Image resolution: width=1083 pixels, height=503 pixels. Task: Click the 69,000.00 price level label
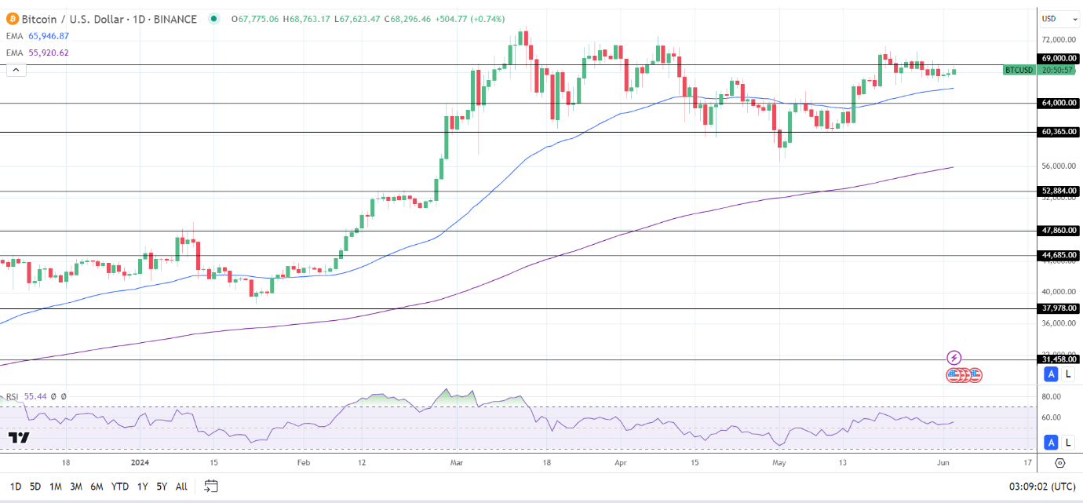tap(1058, 58)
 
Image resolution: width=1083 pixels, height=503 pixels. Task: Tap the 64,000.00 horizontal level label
tap(1058, 103)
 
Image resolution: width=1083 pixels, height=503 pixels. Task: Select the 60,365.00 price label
tap(1058, 132)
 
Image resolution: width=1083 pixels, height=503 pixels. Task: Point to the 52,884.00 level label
tap(1058, 191)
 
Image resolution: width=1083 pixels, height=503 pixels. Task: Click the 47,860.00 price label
tap(1058, 231)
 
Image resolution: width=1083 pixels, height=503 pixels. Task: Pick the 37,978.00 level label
tap(1058, 308)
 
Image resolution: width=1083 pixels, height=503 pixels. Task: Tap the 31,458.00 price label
tap(1058, 359)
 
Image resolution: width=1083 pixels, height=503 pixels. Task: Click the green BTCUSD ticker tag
tap(1019, 70)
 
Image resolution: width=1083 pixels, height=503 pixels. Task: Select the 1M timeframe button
tap(56, 487)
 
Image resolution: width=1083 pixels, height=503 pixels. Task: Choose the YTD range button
tap(119, 487)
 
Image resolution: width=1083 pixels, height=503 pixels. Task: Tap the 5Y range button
tap(161, 487)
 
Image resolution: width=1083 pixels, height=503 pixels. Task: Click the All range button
tap(181, 487)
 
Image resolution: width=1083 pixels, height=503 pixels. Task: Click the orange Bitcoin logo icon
tap(10, 19)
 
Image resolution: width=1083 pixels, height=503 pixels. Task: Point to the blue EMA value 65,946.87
tap(48, 36)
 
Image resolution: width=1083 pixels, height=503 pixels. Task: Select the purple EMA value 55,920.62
tap(48, 53)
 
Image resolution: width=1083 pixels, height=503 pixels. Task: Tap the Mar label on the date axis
tap(455, 463)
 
